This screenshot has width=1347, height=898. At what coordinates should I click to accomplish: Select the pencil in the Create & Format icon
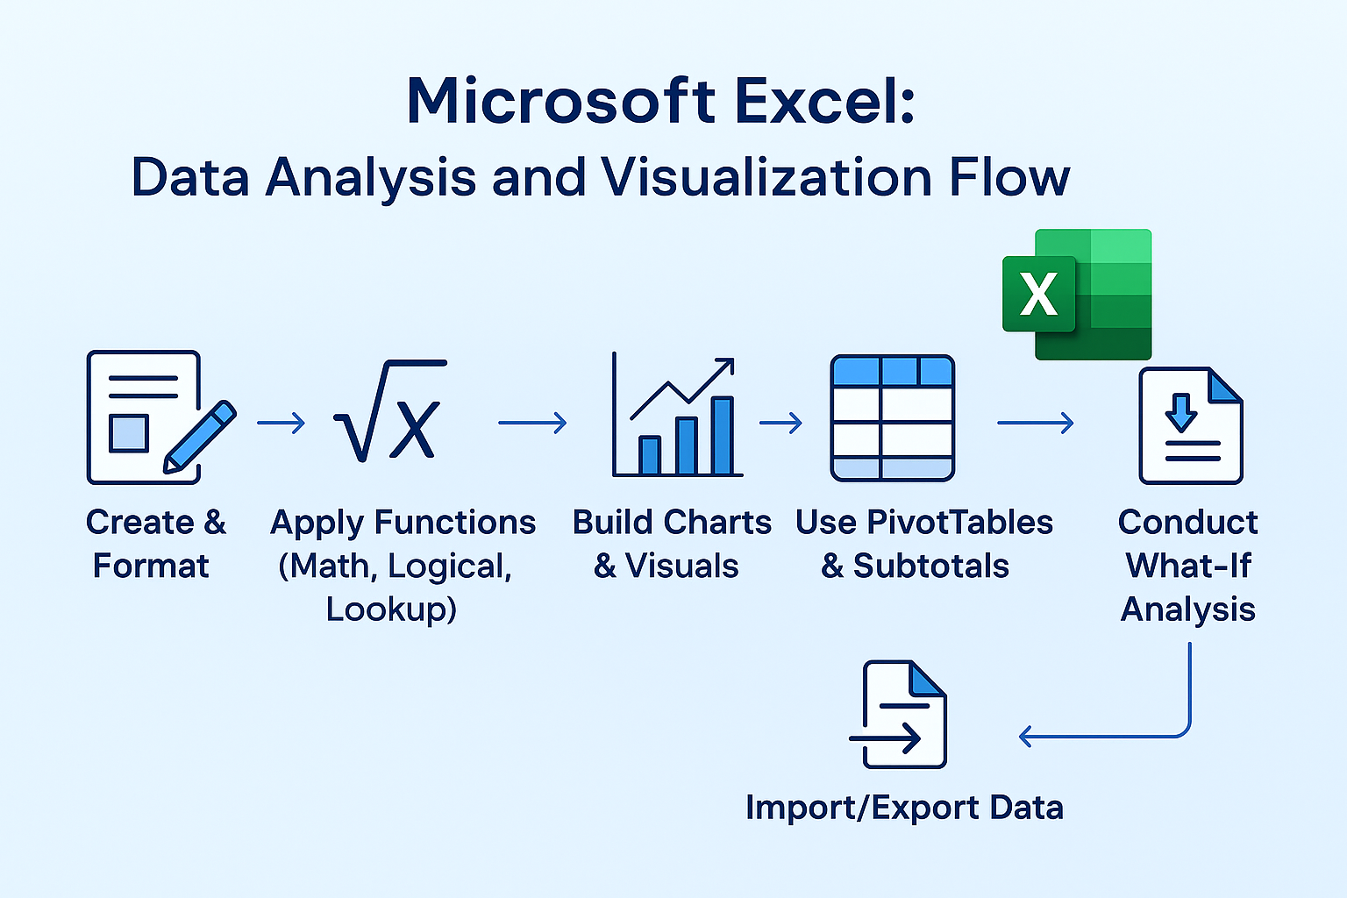pos(200,437)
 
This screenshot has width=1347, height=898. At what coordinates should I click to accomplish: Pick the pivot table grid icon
pos(892,417)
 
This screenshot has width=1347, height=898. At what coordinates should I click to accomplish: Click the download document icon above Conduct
pos(1190,426)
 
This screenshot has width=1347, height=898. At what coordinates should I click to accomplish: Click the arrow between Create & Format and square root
pos(282,424)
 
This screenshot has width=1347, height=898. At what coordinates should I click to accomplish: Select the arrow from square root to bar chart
pos(532,424)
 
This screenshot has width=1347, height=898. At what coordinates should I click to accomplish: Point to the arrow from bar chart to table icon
pos(781,424)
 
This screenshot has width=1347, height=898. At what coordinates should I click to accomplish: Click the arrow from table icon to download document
pos(1036,424)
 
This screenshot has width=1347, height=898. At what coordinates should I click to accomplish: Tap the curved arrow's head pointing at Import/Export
pos(1026,736)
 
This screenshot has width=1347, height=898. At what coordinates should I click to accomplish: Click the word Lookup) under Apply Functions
pos(391,609)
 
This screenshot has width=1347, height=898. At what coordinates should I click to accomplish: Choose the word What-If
pos(1188,566)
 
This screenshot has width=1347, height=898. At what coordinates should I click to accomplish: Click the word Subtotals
pos(931,567)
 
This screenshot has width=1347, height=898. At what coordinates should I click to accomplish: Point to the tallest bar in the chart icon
pos(723,436)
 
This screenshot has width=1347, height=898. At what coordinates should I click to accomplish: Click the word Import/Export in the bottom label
pos(846,808)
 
